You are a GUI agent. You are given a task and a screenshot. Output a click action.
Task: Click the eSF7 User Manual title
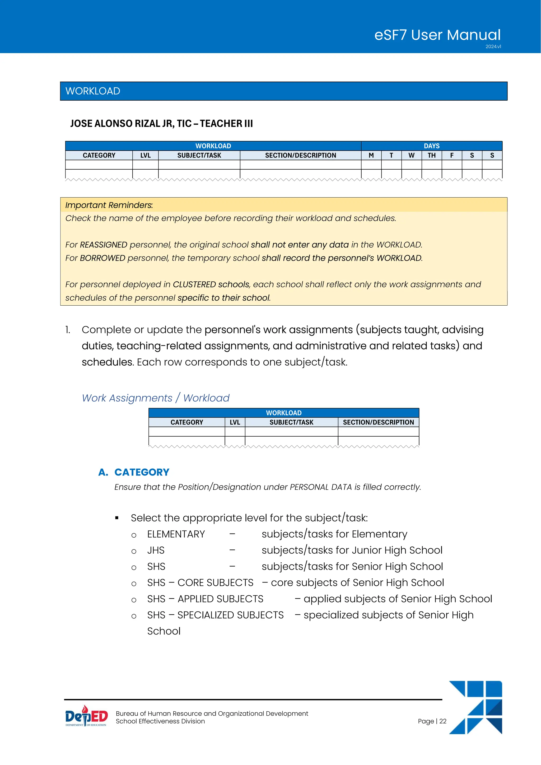coord(437,35)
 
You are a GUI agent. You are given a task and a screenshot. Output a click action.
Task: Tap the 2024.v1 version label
coord(493,47)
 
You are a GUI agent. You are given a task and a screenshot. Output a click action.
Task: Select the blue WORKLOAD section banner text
coord(93,91)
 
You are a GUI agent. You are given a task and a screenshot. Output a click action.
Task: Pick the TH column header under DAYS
coord(431,155)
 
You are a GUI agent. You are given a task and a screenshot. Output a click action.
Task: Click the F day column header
coord(452,155)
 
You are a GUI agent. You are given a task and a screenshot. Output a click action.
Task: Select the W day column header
coord(411,155)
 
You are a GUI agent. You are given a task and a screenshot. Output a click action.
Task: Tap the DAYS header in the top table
coord(431,146)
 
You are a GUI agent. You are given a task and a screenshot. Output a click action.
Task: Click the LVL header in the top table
coord(145,155)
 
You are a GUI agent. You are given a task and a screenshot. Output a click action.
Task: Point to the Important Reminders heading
coord(109,205)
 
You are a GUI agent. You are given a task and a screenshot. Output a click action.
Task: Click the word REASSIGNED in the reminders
coord(103,245)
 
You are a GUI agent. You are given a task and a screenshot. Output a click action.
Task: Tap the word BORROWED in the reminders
coord(102,258)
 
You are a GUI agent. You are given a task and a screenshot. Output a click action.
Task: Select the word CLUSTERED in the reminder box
coord(194,284)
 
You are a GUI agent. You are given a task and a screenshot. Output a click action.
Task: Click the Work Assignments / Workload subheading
coord(156,398)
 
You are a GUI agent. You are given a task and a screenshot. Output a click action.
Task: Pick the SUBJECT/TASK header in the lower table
coord(291,422)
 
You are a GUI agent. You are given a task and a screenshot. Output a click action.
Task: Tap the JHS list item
coord(156,551)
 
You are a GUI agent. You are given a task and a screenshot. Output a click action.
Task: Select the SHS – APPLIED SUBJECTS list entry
coord(205,599)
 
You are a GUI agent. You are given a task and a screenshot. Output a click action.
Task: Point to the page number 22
coord(432,721)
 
